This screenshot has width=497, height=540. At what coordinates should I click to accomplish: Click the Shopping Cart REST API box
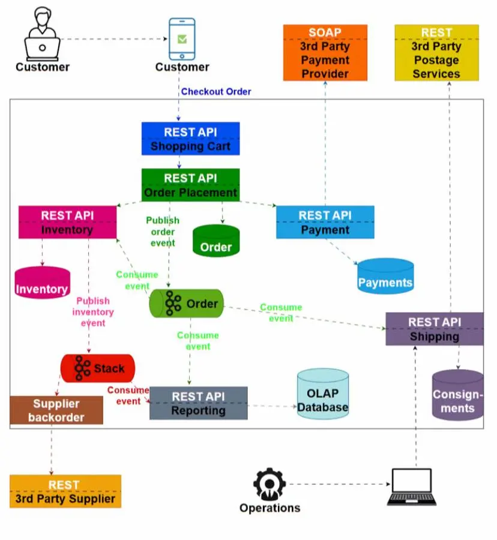[190, 139]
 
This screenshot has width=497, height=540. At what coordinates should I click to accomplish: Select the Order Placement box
[190, 185]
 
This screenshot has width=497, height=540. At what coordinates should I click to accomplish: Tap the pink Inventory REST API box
[67, 222]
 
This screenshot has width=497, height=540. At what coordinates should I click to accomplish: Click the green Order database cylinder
[216, 241]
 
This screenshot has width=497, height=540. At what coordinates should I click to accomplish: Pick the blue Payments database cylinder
[385, 277]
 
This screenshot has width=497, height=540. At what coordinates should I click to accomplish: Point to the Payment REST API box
[325, 222]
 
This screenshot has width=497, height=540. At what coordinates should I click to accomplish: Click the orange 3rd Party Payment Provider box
[325, 53]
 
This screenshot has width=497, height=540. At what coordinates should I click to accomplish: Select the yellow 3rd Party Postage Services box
[436, 53]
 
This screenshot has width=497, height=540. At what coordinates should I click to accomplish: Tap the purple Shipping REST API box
[434, 329]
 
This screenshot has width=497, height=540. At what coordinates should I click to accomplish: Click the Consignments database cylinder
[458, 395]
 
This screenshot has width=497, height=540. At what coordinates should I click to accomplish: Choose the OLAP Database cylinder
[323, 394]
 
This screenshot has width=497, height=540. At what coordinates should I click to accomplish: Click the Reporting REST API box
[198, 403]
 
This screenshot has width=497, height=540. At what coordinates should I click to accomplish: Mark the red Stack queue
[98, 368]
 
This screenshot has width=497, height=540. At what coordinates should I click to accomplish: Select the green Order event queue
[186, 304]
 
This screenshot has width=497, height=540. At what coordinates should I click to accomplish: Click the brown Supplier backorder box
[56, 410]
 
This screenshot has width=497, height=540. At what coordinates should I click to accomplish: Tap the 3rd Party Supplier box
[65, 491]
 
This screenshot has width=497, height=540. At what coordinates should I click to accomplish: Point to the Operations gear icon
[269, 484]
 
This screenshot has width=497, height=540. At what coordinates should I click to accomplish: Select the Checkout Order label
[216, 92]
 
